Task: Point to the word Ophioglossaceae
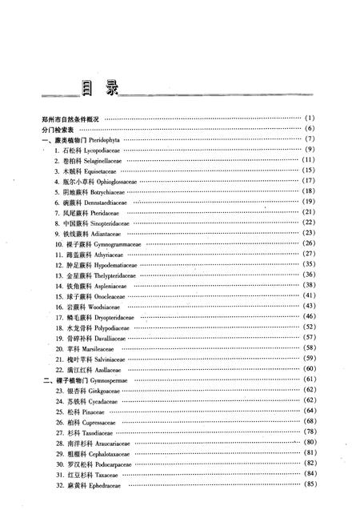(115, 181)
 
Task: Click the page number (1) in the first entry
(311, 118)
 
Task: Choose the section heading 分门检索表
(58, 129)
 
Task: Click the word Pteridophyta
(122, 139)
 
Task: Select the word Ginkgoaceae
(98, 390)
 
